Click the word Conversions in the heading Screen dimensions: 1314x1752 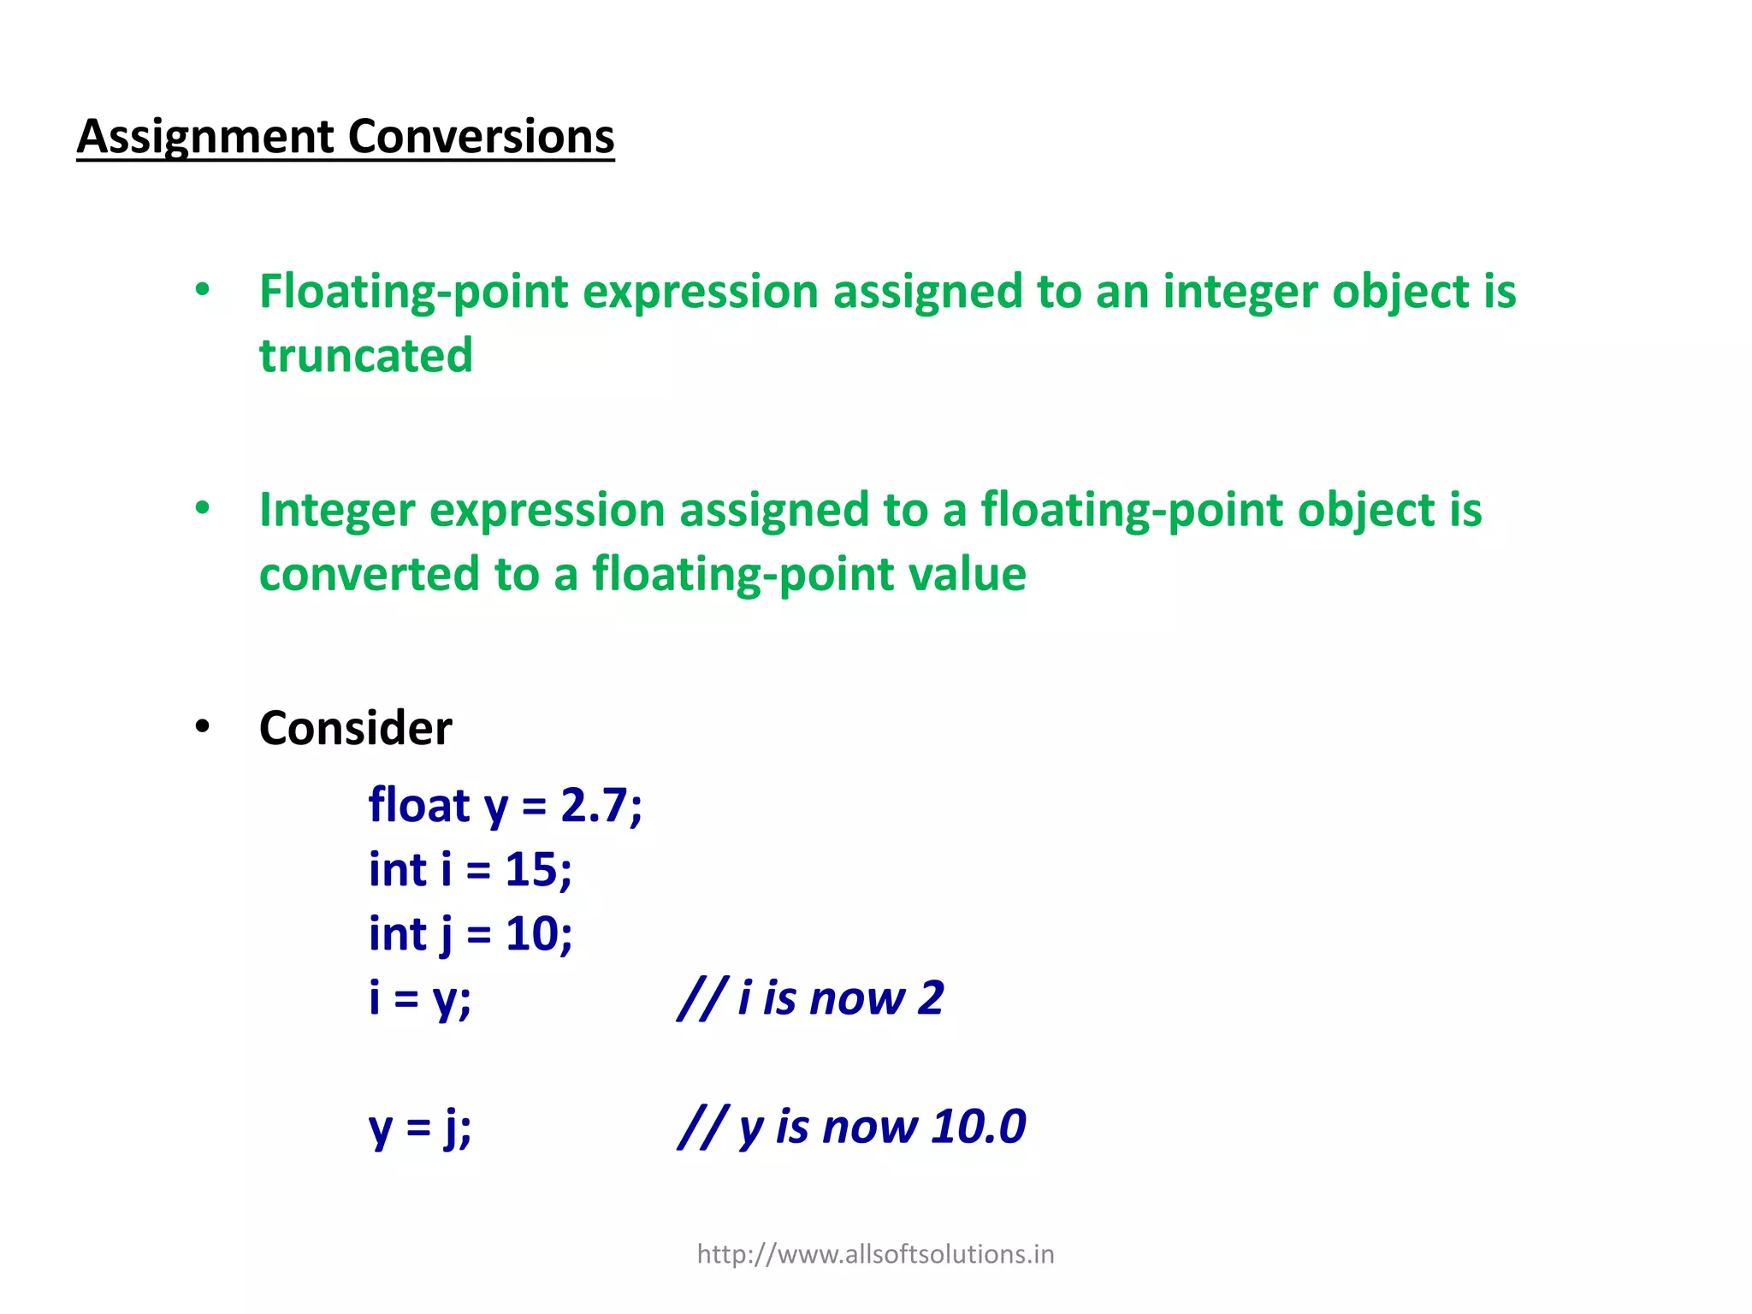pos(481,137)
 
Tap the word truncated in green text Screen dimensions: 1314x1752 pos(366,356)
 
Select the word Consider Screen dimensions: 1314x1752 pos(355,728)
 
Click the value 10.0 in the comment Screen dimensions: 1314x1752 pos(979,1127)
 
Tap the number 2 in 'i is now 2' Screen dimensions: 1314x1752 pos(931,998)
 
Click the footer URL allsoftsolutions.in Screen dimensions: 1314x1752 pos(875,1254)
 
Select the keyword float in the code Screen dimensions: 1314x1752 pos(419,806)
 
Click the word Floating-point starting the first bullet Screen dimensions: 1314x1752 pos(413,293)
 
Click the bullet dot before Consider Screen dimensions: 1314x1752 pos(203,727)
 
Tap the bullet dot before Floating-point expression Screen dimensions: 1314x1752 pos(203,290)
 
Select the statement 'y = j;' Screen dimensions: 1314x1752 pos(419,1128)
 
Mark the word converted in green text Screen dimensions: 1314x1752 pos(369,574)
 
